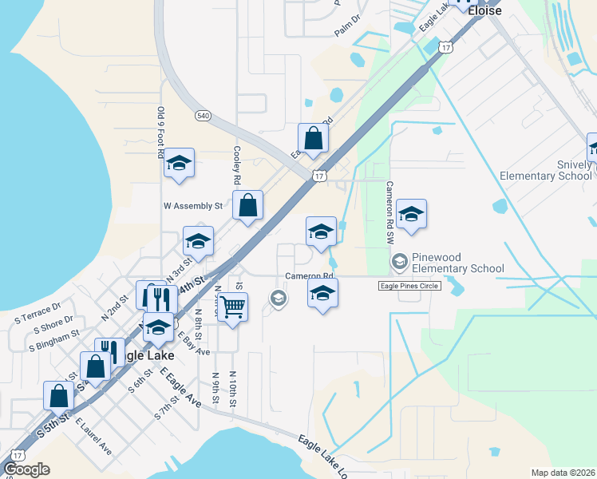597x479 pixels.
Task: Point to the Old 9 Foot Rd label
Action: [x=160, y=132]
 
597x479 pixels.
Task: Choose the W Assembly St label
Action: [x=192, y=205]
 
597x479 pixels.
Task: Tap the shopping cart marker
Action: [x=232, y=306]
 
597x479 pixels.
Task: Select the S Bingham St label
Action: [x=53, y=341]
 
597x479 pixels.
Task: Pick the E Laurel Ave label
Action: [x=93, y=435]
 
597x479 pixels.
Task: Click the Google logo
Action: [x=26, y=469]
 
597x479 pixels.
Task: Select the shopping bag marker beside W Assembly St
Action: [x=248, y=205]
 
